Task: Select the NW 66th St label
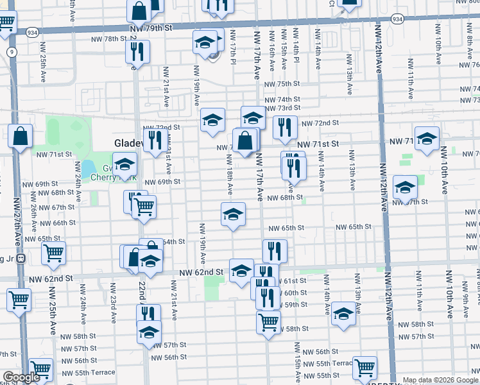[x=60, y=223]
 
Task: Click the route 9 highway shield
[x=12, y=52]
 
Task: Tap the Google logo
[x=21, y=377]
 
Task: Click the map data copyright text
[x=440, y=380]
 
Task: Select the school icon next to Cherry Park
[x=125, y=164]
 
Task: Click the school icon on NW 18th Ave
[x=234, y=214]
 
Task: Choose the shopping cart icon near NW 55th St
[x=364, y=368]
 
